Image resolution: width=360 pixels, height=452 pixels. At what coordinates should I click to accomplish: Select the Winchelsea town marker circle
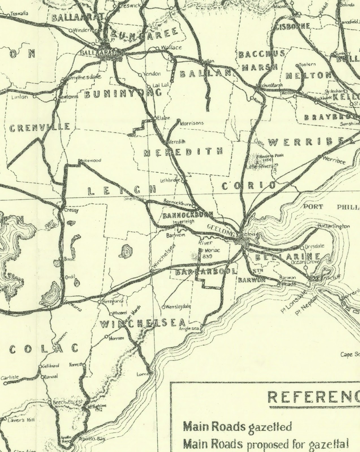click(152, 271)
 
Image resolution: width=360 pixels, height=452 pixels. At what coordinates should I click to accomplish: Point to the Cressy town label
click(72, 210)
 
